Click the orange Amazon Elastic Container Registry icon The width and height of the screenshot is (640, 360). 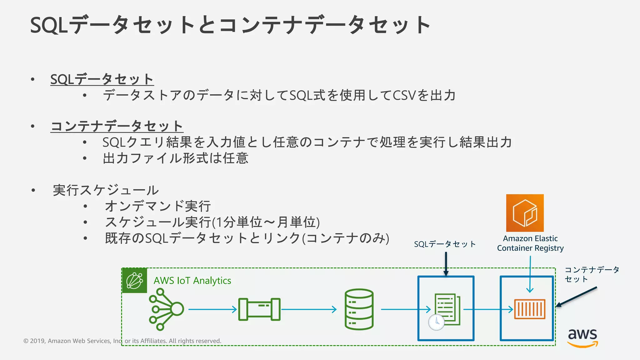coord(525,213)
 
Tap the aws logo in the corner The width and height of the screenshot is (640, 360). coord(582,337)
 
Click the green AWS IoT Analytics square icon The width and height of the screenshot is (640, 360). coord(134,280)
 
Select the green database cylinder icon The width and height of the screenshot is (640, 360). coord(359,309)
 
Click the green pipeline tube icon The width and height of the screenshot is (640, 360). coord(259,309)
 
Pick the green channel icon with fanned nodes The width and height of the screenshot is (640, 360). coord(166,309)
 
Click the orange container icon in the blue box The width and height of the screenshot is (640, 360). coord(529,309)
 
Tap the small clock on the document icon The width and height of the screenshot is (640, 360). coord(436,322)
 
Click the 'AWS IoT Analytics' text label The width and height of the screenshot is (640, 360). coord(192,280)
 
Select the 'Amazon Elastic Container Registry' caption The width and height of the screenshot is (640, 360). coord(530,243)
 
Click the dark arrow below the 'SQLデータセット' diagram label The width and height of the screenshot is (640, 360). coord(446,264)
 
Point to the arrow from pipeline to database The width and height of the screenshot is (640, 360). coord(309,309)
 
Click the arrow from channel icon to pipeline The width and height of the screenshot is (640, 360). coord(212,309)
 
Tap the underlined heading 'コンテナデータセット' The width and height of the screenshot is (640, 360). coord(117,126)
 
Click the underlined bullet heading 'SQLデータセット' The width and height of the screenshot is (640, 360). coord(102,79)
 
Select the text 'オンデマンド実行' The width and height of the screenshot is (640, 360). coord(158,206)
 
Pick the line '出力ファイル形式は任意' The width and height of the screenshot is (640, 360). coord(176,158)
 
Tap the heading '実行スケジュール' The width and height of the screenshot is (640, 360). coord(106,190)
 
